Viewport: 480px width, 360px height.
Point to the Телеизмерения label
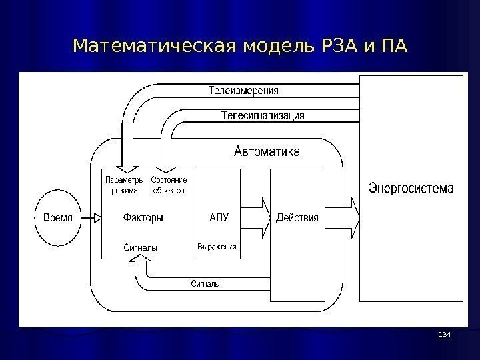pos(244,90)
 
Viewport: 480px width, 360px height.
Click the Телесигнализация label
pos(263,115)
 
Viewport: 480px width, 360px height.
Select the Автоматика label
pos(267,152)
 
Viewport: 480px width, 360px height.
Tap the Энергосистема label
pos(411,189)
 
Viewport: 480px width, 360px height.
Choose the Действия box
pos(297,218)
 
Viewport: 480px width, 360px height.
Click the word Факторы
pos(143,217)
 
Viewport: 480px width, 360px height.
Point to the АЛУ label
pos(219,217)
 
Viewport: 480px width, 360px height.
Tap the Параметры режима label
pos(125,185)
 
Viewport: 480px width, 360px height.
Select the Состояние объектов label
pos(169,185)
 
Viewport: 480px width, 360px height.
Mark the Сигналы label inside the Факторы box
pos(141,248)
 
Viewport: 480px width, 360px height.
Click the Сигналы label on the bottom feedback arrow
pos(205,284)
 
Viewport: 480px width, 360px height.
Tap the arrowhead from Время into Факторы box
pos(97,218)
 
